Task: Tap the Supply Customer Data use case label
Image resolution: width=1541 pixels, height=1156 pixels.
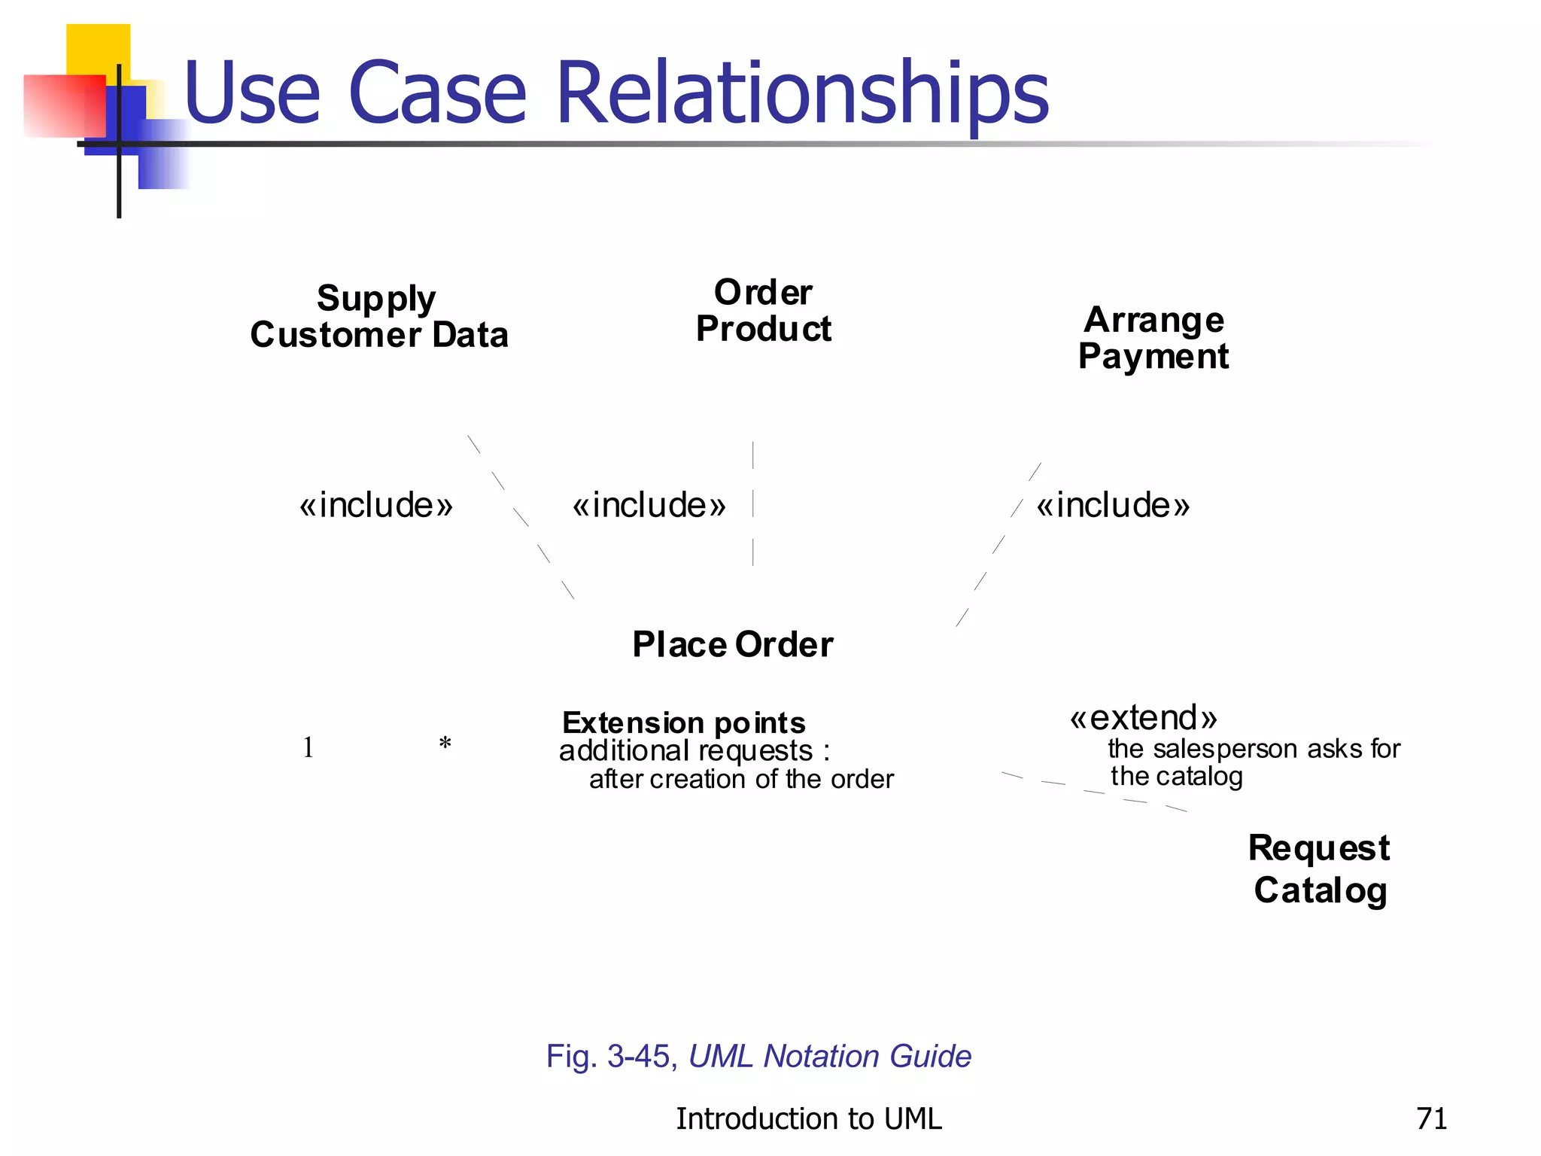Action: (378, 317)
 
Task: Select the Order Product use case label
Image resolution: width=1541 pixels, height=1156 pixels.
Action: (763, 311)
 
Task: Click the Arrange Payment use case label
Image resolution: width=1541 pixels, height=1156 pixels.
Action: (1153, 338)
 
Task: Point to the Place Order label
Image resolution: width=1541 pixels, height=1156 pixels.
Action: (732, 645)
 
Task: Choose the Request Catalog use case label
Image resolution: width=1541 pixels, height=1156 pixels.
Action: (1319, 869)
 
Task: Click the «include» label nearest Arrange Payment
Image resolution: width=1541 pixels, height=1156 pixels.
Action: (1113, 505)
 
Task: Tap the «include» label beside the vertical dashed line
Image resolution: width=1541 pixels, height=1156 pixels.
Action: (649, 505)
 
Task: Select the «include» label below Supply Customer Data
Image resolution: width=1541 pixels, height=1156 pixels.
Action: (375, 505)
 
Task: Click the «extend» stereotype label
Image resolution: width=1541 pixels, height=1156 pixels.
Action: (1143, 718)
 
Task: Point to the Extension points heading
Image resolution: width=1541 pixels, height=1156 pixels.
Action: (683, 723)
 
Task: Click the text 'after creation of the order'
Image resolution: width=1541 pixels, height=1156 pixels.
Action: (741, 780)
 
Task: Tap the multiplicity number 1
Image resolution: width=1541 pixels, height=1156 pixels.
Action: (308, 747)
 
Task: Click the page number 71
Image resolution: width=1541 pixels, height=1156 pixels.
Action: (1431, 1119)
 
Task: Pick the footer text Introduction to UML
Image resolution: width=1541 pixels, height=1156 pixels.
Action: (808, 1119)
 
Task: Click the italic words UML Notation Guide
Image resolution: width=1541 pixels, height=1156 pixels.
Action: (829, 1057)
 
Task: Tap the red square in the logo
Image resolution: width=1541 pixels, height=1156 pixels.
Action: (63, 105)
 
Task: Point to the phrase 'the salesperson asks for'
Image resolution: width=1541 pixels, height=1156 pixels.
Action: (1254, 749)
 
